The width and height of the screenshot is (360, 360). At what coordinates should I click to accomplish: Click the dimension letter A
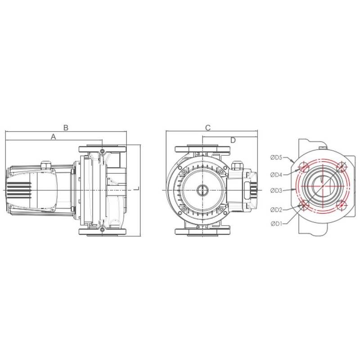tap(53, 136)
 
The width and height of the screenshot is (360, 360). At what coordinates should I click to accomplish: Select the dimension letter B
tap(66, 128)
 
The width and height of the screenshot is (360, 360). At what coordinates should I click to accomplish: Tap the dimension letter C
tap(207, 128)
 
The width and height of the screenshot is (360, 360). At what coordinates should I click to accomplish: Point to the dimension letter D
tap(233, 140)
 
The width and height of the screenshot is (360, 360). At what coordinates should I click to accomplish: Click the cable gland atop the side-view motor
tap(46, 165)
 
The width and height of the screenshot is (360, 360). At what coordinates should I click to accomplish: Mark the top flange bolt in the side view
tap(103, 150)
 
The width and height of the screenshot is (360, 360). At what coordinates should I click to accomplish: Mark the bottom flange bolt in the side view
tap(103, 230)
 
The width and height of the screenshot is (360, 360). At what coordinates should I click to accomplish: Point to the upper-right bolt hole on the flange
tap(342, 168)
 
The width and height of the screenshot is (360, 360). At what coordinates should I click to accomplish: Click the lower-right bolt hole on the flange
tap(342, 205)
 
